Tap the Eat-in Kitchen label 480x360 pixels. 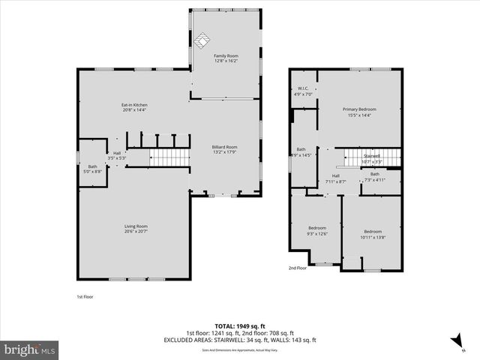pyautogui.click(x=134, y=106)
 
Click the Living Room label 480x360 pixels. pyautogui.click(x=136, y=229)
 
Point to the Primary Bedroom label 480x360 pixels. pyautogui.click(x=361, y=112)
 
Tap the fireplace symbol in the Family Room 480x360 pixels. pyautogui.click(x=203, y=40)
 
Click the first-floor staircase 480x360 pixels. pyautogui.click(x=169, y=157)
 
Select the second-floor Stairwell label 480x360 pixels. pyautogui.click(x=372, y=158)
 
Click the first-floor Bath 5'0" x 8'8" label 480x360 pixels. pyautogui.click(x=92, y=169)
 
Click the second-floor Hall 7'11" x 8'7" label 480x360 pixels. pyautogui.click(x=336, y=178)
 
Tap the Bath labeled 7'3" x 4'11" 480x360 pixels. pyautogui.click(x=374, y=177)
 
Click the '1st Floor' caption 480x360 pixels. pyautogui.click(x=85, y=296)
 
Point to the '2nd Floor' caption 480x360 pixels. pyautogui.click(x=298, y=268)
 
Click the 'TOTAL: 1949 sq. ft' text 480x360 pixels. pyautogui.click(x=240, y=326)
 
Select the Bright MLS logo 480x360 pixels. pyautogui.click(x=30, y=349)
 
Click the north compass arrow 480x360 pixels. pyautogui.click(x=454, y=341)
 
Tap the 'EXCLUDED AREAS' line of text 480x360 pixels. pyautogui.click(x=240, y=340)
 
